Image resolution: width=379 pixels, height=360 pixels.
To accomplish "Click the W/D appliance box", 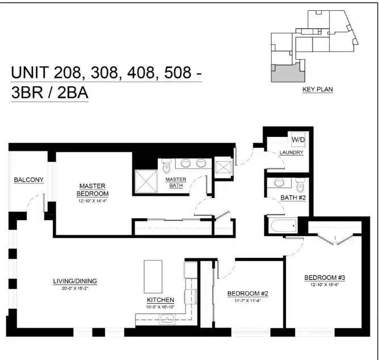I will coord(298,139).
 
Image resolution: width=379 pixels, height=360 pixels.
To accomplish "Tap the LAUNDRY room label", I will coord(291,153).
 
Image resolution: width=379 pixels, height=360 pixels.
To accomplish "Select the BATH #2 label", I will coord(293,198).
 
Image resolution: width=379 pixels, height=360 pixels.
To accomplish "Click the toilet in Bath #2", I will coord(301,185).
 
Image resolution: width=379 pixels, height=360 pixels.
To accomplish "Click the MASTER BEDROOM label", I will coord(94,189).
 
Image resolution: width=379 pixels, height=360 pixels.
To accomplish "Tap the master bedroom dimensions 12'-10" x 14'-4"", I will coord(94,200).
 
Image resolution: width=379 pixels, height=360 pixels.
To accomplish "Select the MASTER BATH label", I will coord(175,182).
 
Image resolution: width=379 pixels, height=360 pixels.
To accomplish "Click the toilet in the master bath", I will coord(166,166).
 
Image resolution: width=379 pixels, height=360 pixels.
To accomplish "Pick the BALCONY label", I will coord(28,180).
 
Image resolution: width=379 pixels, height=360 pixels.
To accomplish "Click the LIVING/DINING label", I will coord(75,281).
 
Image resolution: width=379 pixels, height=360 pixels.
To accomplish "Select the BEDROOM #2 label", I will coord(247,294).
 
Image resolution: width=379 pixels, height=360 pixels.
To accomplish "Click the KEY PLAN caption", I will coord(317,89).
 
